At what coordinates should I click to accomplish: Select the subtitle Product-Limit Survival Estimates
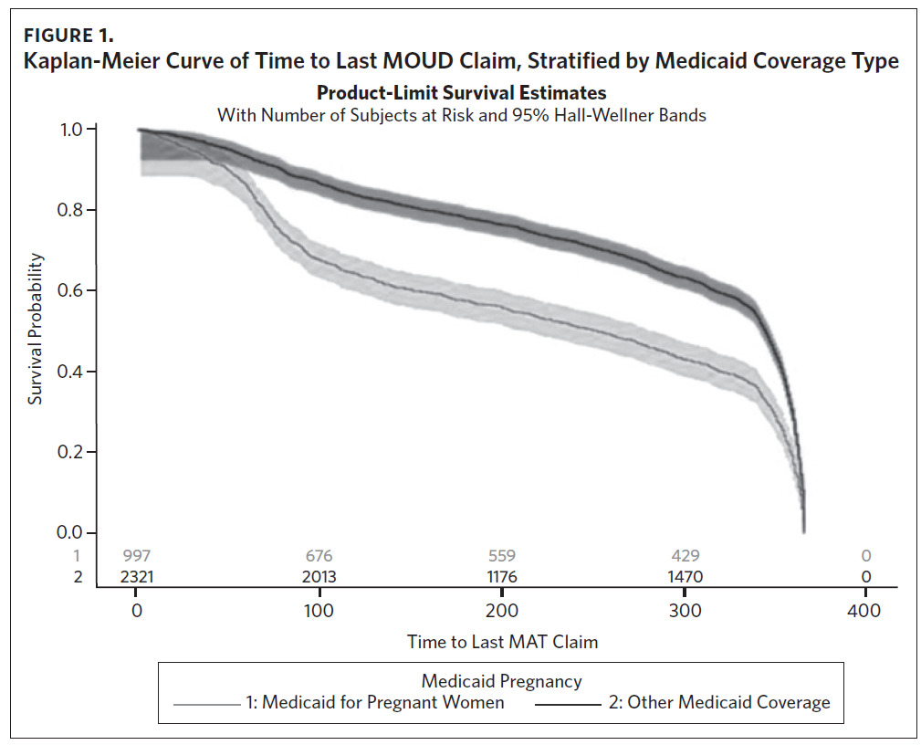coord(461,93)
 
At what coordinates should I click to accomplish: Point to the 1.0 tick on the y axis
coord(71,130)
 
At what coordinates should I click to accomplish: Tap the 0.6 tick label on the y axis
coord(71,291)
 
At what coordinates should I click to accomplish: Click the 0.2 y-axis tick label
coord(71,452)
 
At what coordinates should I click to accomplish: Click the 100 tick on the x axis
coord(319,612)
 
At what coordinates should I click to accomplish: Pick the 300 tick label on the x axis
coord(685,612)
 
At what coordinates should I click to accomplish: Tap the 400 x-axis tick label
coord(865,612)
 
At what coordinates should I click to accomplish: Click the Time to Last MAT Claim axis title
coord(502,642)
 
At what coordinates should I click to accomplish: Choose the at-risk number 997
coord(137,556)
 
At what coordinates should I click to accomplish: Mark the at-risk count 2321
coord(137,577)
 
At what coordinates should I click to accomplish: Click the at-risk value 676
coord(319,556)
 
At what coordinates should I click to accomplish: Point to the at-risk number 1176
coord(502,577)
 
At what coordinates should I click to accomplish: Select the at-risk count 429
coord(685,556)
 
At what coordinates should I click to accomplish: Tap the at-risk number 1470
coord(685,577)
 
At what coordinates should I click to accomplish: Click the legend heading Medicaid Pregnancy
coord(501,681)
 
